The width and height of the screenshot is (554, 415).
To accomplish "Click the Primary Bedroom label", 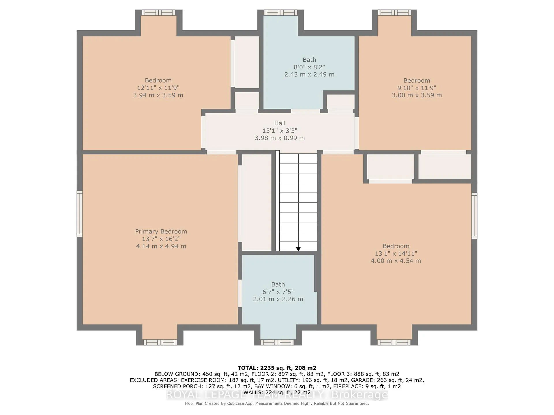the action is pos(161,231).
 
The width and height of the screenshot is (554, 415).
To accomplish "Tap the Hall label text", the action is pos(280,123).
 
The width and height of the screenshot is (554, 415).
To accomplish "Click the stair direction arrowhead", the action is pos(298,249).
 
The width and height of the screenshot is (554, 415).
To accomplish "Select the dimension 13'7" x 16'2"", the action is pos(161,239).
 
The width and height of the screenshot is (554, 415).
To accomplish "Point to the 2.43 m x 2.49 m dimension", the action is pos(309,74).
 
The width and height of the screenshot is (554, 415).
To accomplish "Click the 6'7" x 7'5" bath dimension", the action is pos(278,292).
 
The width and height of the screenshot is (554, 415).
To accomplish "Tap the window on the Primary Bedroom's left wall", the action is pos(80,214).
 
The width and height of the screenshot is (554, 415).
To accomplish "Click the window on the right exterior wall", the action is pos(474,216).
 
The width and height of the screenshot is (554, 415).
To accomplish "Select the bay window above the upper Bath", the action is pos(280,13).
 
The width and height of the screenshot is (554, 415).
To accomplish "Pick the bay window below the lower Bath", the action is pos(277,342).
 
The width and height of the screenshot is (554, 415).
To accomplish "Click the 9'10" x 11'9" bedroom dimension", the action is pos(417,88).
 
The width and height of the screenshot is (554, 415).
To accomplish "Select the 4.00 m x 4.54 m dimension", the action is pos(396,261).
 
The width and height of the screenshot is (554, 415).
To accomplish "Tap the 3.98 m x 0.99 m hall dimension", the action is pos(280,138).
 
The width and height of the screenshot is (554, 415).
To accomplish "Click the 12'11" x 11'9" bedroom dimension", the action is pos(158,88).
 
